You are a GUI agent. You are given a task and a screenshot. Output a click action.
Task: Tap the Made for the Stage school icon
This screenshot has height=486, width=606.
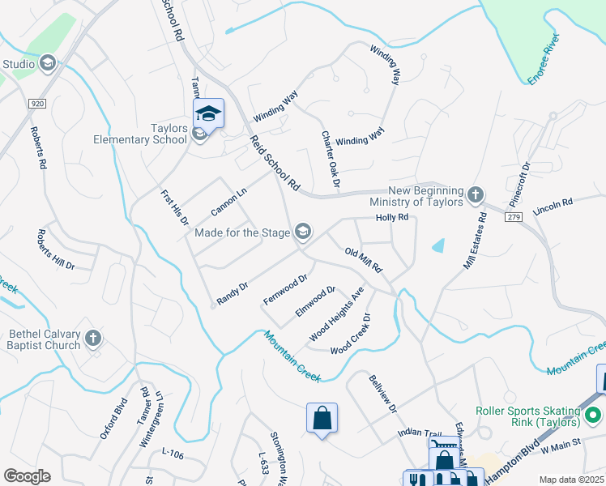(x=303, y=232)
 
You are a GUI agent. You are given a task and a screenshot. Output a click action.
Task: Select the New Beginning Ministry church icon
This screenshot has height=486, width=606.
(x=476, y=195)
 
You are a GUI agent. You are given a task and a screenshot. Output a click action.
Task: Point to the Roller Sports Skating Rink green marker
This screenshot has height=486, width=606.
(x=593, y=416)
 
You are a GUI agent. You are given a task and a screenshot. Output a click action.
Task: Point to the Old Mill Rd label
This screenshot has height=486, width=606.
(x=363, y=261)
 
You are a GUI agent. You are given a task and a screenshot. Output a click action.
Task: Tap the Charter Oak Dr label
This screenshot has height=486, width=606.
(x=330, y=162)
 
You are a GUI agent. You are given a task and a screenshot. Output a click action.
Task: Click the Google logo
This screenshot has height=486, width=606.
(x=27, y=475)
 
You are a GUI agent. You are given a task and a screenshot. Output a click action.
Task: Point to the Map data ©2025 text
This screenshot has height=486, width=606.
(x=572, y=480)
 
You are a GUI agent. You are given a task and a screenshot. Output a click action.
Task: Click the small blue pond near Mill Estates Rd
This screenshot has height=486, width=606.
(x=438, y=245)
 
